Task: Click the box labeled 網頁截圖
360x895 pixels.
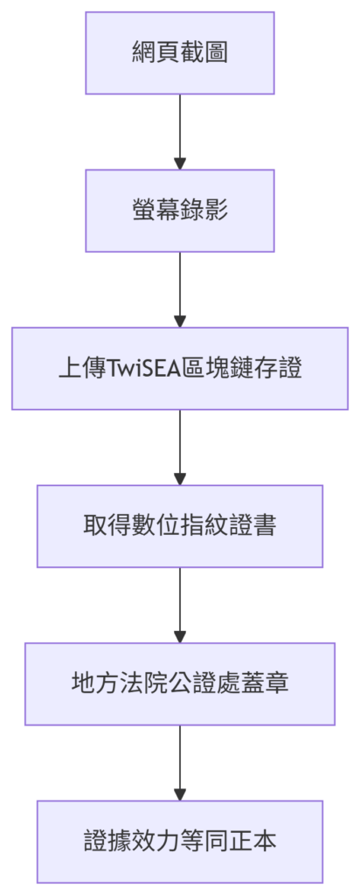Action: pos(180,53)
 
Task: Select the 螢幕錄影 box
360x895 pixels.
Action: pos(180,211)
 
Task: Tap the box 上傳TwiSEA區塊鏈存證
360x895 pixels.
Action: pos(180,368)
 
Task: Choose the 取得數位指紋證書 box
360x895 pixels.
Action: pos(180,526)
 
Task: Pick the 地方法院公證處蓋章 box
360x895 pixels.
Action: pos(180,683)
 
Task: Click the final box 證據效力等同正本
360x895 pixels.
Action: pos(180,842)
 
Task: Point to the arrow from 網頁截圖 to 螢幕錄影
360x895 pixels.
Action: pos(180,132)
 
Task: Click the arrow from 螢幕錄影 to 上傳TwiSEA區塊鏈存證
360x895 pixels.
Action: pos(180,289)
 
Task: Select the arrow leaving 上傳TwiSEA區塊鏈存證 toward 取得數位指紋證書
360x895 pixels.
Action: pos(180,447)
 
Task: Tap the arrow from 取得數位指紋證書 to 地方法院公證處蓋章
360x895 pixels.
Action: pos(180,605)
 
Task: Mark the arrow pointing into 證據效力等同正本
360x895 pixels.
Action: pos(180,762)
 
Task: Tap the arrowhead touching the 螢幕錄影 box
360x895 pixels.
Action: pos(180,163)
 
